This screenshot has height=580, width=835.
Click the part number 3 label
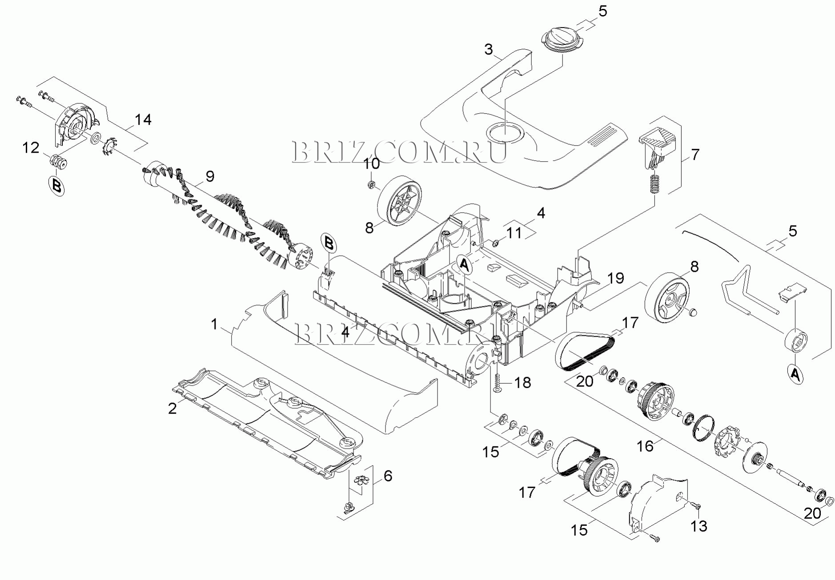489,49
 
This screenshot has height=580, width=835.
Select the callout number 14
143,119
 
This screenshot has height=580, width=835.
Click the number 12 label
31,147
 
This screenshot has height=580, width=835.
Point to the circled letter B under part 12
57,186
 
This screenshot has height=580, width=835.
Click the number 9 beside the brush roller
210,176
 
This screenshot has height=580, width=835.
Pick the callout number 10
372,164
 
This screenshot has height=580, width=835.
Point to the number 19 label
616,278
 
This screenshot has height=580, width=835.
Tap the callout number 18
522,382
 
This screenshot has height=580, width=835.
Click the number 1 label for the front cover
215,324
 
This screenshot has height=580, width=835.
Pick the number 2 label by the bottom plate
173,408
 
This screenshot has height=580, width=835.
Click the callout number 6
388,476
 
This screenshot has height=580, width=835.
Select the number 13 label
699,526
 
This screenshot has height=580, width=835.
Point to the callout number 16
645,446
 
